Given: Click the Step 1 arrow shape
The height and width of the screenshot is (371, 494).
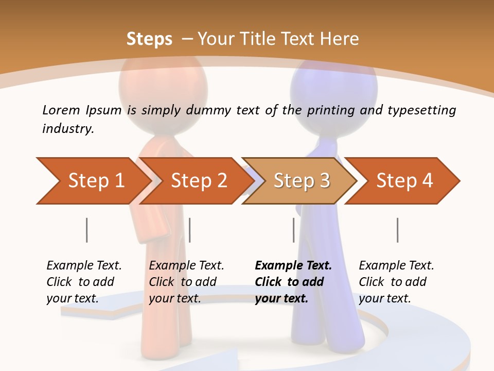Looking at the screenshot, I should [x=93, y=181].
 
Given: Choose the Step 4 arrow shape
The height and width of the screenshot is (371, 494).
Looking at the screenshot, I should [x=404, y=181].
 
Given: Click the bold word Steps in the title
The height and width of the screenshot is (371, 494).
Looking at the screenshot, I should [x=149, y=39].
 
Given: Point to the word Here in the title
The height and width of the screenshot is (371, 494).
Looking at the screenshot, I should [x=339, y=39].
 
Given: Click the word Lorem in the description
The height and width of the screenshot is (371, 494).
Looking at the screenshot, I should [x=61, y=110].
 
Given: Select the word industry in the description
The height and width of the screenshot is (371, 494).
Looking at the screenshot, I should [x=68, y=128].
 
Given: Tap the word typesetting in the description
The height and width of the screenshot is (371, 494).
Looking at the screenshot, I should [x=421, y=110].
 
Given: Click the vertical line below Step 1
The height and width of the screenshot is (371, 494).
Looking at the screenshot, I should [x=87, y=230].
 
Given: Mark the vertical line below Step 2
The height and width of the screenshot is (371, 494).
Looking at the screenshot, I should [x=190, y=230].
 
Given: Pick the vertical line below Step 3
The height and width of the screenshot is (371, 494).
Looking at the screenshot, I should [x=294, y=230].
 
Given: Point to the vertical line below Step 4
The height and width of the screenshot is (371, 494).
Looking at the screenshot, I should [x=398, y=230].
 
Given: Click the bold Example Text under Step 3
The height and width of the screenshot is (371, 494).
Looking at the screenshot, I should [x=293, y=266].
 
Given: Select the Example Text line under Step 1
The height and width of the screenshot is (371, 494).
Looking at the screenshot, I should [x=84, y=266].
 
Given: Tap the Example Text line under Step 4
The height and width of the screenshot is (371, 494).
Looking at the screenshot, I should [x=396, y=266].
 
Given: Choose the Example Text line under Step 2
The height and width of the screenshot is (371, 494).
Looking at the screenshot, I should [x=186, y=266].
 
